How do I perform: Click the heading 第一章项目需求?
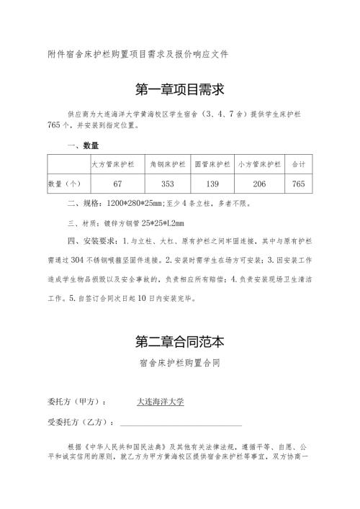[x=180, y=89]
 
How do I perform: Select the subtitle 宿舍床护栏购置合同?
[x=180, y=364]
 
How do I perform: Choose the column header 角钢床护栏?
[x=168, y=165]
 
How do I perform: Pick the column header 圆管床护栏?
[x=212, y=165]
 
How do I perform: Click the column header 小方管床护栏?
[x=259, y=165]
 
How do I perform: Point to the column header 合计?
[x=298, y=165]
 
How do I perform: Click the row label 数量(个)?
[x=68, y=184]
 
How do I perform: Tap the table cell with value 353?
[x=168, y=184]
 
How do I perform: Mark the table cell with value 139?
[x=212, y=184]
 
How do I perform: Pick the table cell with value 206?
[x=259, y=184]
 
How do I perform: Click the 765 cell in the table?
[x=298, y=184]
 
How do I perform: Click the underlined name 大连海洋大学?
[x=161, y=401]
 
